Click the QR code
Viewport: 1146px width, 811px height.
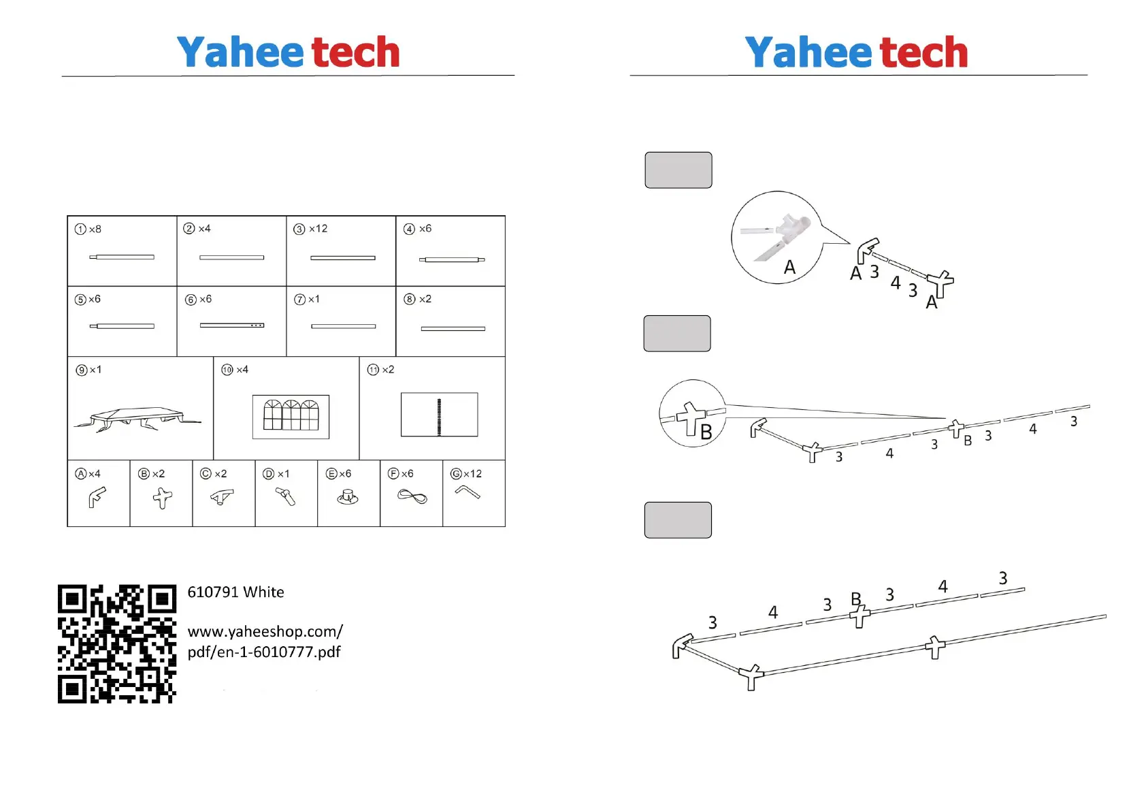(x=117, y=643)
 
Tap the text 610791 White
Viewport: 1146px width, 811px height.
(x=235, y=592)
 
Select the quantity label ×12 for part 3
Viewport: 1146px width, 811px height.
(x=318, y=229)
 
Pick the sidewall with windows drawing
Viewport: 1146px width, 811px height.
(x=291, y=416)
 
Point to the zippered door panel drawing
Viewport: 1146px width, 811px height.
(x=439, y=415)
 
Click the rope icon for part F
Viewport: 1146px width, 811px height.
(x=412, y=496)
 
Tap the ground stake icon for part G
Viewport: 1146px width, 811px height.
(x=468, y=492)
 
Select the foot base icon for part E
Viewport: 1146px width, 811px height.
(x=348, y=497)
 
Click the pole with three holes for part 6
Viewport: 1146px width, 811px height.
(x=231, y=325)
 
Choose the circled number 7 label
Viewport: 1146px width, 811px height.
(x=299, y=300)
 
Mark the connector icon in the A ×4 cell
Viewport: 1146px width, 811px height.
(x=97, y=497)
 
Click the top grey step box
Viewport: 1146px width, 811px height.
(x=678, y=170)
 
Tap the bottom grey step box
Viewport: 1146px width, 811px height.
(x=678, y=520)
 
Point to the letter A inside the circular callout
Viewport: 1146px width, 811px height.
(x=789, y=267)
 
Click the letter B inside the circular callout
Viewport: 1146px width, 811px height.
(x=706, y=432)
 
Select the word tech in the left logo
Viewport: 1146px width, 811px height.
(x=355, y=52)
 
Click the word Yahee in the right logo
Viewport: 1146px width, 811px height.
(x=808, y=52)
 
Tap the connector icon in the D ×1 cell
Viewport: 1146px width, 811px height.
(x=285, y=496)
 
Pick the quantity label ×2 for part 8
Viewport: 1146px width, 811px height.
(x=425, y=299)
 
